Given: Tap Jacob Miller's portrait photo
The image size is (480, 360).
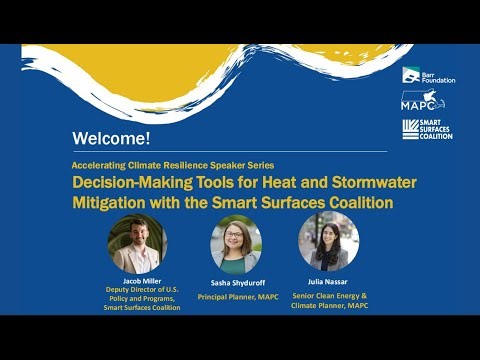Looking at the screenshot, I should [x=137, y=244].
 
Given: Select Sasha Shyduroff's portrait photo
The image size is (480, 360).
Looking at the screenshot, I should [x=236, y=244].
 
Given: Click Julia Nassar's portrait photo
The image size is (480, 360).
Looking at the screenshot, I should [x=328, y=243].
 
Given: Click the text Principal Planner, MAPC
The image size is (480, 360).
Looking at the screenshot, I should [x=236, y=297].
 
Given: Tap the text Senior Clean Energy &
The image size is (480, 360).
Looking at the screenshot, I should [x=328, y=295].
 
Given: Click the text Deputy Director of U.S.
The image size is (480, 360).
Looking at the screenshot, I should [x=140, y=290].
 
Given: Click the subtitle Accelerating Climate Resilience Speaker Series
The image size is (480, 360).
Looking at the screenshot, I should [x=173, y=163].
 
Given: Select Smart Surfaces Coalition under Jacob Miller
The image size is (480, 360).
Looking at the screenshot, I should [x=142, y=307].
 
